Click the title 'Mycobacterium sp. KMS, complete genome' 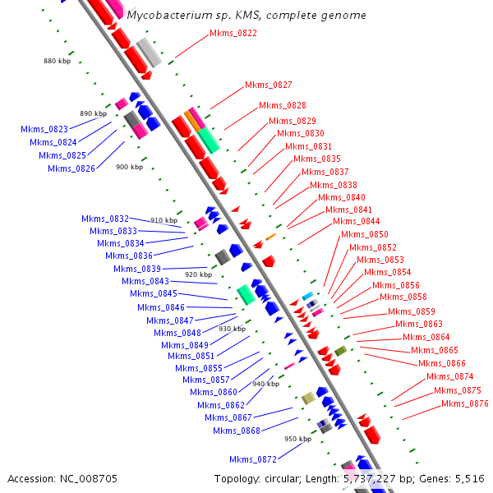[x=246, y=15]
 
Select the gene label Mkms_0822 [x=233, y=34]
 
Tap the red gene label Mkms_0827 [x=268, y=85]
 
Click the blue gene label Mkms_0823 [x=44, y=130]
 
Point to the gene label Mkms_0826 [x=71, y=169]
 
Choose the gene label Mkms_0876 [x=464, y=404]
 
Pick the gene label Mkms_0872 [x=253, y=459]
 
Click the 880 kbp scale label [x=58, y=62]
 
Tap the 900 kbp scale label [x=130, y=167]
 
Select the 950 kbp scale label [x=297, y=440]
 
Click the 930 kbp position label [x=232, y=329]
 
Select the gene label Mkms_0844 [x=356, y=222]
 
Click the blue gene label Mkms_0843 [x=145, y=282]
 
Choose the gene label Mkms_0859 [x=412, y=312]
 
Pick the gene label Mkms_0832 [x=105, y=219]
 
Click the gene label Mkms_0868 [x=236, y=431]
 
